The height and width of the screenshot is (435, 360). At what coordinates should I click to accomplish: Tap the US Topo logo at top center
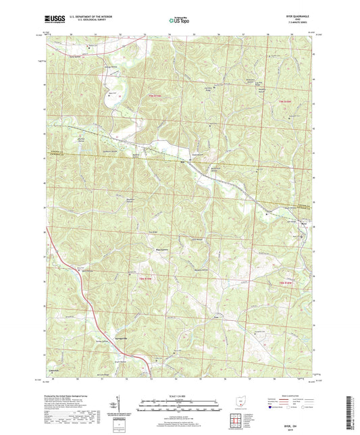(x=180, y=20)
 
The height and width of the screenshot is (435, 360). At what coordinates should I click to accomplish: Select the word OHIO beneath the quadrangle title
(x=301, y=20)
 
